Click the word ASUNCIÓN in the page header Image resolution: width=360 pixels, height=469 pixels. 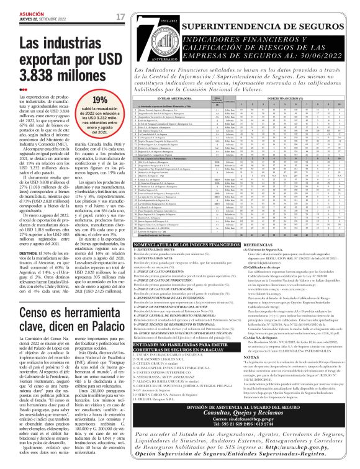17,12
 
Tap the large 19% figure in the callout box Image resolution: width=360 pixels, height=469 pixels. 99,100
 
